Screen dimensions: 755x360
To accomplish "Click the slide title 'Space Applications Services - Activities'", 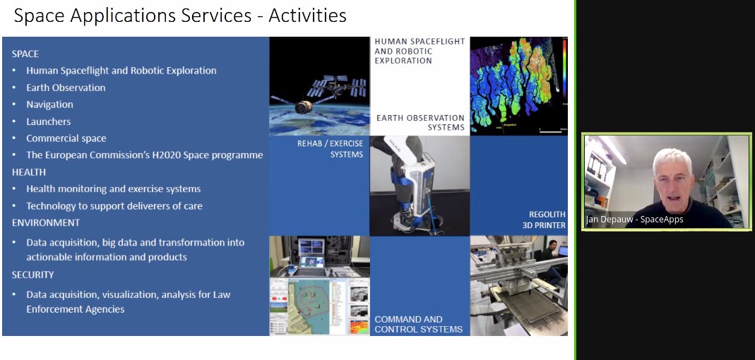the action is tap(180, 16).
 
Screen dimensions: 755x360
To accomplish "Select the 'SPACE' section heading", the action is tap(25, 54).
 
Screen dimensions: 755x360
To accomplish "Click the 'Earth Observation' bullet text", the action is tap(66, 88).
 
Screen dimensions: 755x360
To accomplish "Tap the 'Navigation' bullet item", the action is tap(49, 104).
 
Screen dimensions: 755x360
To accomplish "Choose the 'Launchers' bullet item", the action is tap(48, 121).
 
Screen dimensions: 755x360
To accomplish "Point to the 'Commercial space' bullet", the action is tap(66, 138).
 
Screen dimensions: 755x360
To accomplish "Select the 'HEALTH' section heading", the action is tap(28, 172).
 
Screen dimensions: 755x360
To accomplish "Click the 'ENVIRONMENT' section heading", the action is tap(46, 222).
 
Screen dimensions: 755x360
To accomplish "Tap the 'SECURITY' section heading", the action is tap(32, 275).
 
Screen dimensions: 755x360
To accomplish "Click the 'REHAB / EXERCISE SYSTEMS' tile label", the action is tap(331, 149).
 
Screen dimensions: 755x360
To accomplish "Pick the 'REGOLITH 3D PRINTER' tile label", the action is tap(544, 220).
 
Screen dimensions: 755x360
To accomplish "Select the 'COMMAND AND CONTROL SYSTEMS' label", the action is tap(418, 325).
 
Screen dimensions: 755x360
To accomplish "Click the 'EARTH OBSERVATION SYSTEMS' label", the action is tap(420, 123).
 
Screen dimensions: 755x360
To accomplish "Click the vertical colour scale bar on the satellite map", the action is tap(564, 66).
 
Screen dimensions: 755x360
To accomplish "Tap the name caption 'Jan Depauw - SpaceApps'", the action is tap(634, 220).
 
